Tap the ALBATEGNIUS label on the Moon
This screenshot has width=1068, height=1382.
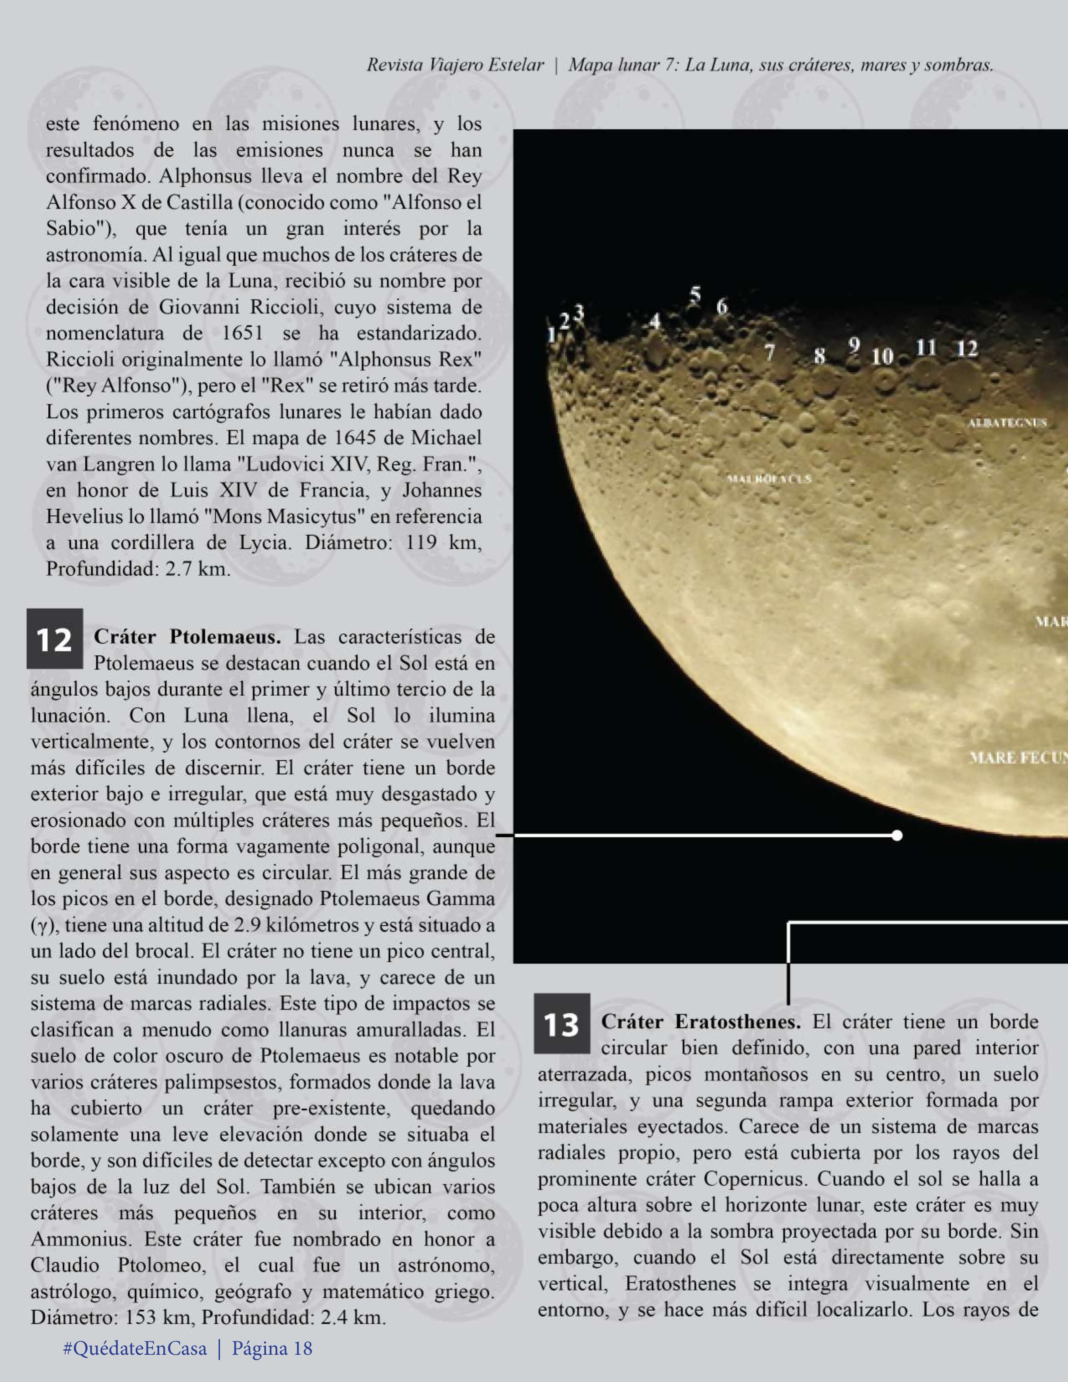1006,423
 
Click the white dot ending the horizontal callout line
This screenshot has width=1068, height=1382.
896,835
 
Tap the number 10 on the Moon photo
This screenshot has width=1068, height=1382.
882,357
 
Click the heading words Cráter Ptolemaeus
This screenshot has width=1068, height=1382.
187,637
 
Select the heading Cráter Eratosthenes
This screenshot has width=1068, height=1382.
700,1021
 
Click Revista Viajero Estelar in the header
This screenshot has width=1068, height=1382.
455,65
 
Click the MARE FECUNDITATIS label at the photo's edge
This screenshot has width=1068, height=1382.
1017,757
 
